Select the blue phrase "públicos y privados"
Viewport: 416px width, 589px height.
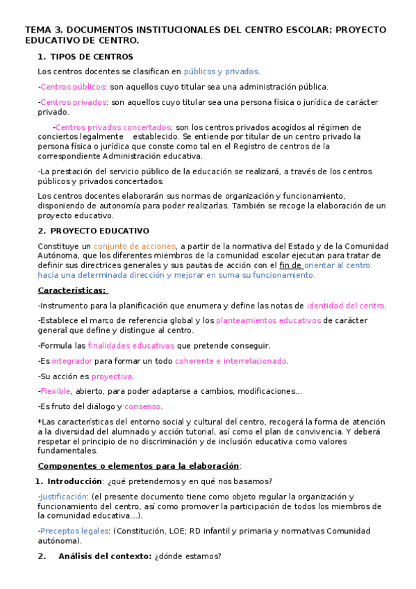(x=221, y=72)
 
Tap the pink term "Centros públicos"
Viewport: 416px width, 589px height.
(x=73, y=87)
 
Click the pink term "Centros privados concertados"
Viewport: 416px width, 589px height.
(x=113, y=127)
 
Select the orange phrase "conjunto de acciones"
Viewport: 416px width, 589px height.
(x=135, y=246)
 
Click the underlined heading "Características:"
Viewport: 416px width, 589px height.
(x=73, y=290)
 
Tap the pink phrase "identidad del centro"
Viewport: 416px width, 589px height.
(x=346, y=305)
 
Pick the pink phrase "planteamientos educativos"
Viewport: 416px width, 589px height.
(x=268, y=320)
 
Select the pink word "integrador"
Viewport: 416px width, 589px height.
(x=71, y=360)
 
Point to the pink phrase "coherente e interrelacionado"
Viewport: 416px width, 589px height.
(x=231, y=360)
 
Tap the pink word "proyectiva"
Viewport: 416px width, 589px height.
(x=112, y=376)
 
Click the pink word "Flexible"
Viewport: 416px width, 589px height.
(x=56, y=391)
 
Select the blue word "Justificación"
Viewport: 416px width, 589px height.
(x=64, y=497)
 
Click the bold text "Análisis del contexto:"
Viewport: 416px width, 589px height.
(x=105, y=556)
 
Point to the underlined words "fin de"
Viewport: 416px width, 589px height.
(x=288, y=265)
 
